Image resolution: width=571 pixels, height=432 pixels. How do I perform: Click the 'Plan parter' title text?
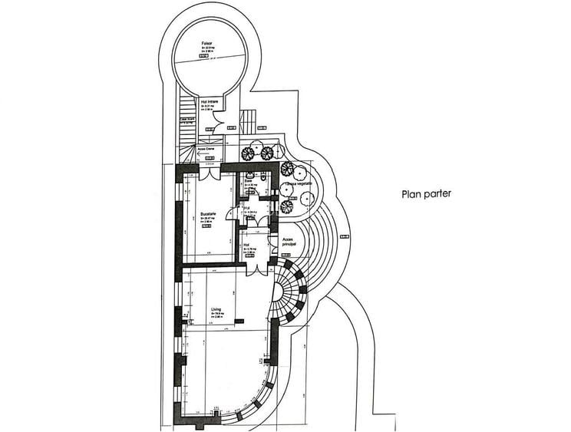click(427, 194)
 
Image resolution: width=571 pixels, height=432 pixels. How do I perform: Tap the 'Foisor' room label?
click(206, 44)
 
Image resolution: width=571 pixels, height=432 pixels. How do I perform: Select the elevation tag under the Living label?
click(216, 322)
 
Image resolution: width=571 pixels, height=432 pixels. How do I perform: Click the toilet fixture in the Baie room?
click(264, 178)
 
